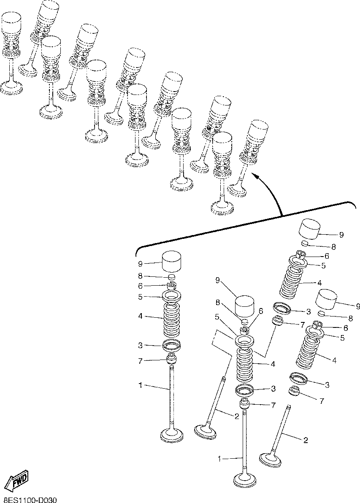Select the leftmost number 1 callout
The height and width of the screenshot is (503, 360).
(140, 385)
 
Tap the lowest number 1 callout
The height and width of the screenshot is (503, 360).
(220, 459)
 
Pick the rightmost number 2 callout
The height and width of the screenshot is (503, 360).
(306, 440)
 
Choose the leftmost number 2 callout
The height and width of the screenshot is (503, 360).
(237, 417)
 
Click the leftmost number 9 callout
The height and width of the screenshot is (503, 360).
(140, 264)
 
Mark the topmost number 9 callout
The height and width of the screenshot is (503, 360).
(341, 235)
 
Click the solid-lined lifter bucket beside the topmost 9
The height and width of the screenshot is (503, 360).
(310, 229)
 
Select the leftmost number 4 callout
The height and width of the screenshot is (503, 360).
(140, 316)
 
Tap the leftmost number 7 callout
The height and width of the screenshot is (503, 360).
(140, 361)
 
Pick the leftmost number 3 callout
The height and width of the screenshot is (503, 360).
(140, 346)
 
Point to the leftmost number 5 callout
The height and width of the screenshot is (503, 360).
(140, 297)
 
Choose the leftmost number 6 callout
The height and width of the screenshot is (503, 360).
(140, 286)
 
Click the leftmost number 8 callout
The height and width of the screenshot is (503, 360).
(140, 276)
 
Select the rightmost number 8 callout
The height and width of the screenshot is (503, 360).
(350, 319)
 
